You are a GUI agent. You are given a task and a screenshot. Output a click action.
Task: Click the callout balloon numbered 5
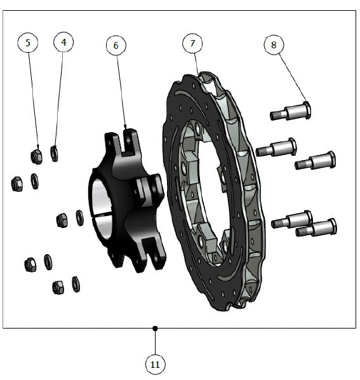point(28,43)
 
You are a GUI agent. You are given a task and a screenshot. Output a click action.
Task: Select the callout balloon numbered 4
point(63,42)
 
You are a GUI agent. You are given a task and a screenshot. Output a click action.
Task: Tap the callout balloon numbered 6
point(116,45)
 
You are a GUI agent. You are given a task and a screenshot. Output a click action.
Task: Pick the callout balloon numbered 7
point(192,43)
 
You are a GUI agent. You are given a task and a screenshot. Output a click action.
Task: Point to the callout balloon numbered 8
point(274,44)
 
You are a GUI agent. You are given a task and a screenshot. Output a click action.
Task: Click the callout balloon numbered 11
point(155,364)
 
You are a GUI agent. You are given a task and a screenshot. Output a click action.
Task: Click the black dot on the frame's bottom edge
point(155,329)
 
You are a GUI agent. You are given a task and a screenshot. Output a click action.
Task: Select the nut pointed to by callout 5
point(37,156)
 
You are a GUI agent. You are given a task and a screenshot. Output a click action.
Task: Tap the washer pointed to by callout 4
point(54,154)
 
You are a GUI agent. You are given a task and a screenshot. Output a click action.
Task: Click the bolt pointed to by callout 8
point(291,111)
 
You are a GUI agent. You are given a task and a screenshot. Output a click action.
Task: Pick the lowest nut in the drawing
point(58,287)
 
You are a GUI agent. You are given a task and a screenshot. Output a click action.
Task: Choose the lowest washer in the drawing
point(76,284)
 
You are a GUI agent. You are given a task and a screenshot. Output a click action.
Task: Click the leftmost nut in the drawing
point(17,184)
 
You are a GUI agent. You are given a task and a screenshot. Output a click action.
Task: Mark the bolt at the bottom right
point(316,227)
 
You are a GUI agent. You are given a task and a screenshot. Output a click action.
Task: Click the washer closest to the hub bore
point(79,218)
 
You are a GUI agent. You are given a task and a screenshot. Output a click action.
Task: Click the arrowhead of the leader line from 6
point(125,127)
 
